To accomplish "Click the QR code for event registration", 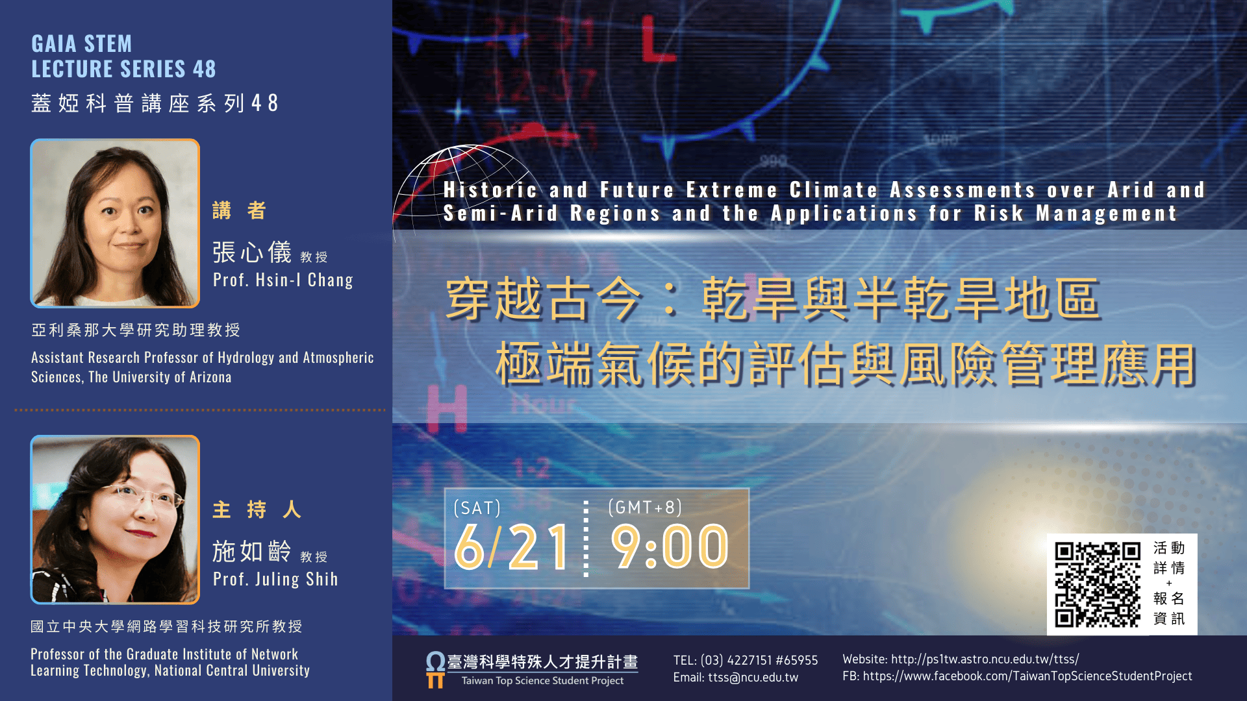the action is point(1098,584).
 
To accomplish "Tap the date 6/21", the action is point(511,547).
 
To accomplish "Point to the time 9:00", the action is point(670,547).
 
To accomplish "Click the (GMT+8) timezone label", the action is point(645,507).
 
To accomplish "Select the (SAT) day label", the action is point(477,508).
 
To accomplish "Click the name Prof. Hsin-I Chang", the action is point(283,280).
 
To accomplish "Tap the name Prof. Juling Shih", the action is point(275,579).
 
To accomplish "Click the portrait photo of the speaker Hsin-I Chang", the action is point(115,223).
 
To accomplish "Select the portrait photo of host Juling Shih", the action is point(115,519).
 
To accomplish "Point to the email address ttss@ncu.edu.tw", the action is point(753,678).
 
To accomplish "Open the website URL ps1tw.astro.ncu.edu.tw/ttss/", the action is point(985,659).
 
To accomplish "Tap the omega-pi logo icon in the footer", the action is point(435,670).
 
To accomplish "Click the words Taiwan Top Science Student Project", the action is point(542,681).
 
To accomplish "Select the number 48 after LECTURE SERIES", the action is point(204,69).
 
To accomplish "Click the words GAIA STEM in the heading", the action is point(82,43).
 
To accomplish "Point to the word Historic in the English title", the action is point(490,190).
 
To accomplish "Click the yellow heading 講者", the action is point(239,210).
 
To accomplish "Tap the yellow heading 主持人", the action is point(257,510).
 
